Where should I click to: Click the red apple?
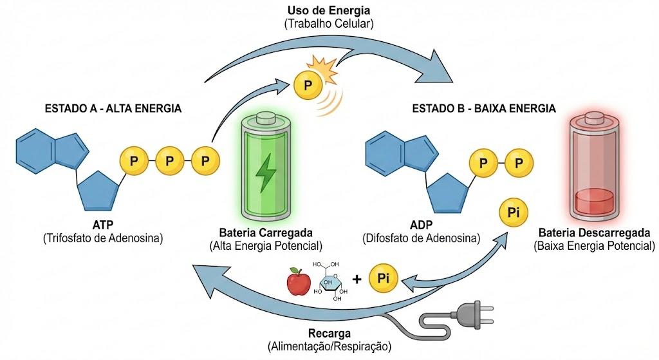[x=299, y=282]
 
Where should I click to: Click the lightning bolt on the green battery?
[x=266, y=173]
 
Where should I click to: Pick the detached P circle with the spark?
[x=308, y=86]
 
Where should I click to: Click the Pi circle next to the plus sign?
[x=383, y=278]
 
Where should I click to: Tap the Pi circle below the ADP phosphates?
[x=513, y=213]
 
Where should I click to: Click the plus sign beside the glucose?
[x=357, y=278]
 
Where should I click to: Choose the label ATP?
[x=103, y=225]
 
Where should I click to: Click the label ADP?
[x=421, y=225]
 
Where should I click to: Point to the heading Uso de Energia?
[x=329, y=10]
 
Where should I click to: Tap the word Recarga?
[x=329, y=334]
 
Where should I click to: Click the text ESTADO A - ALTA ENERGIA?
[x=113, y=108]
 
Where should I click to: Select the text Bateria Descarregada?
[x=594, y=232]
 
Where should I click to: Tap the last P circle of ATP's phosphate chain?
[x=205, y=160]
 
